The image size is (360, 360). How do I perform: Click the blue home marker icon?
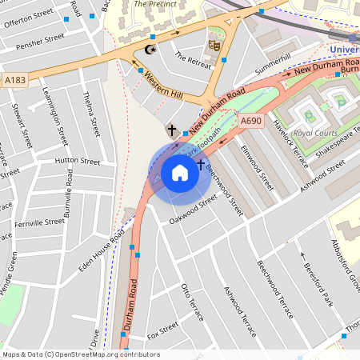(x=180, y=171)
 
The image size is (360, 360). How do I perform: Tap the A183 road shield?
(x=15, y=79)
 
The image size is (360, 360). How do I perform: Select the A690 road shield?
(x=251, y=121)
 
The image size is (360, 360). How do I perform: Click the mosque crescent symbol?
(x=150, y=50)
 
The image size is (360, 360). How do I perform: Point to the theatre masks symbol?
(x=214, y=45)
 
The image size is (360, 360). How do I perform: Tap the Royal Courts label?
(x=314, y=133)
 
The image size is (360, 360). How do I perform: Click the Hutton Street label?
(x=78, y=161)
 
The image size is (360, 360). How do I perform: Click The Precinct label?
(x=152, y=4)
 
